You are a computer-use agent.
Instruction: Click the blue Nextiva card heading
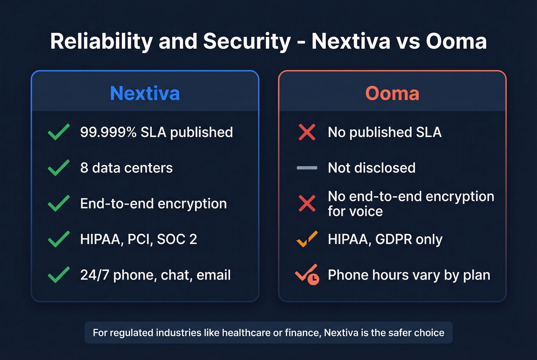click(145, 93)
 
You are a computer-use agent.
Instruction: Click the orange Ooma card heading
click(392, 93)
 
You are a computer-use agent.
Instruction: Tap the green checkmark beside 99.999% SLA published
click(59, 132)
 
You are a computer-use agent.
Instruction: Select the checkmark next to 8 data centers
click(59, 168)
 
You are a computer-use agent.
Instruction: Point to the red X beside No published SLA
click(307, 132)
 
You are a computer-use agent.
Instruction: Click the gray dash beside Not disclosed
click(307, 168)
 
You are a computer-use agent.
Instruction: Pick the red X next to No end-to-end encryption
click(307, 203)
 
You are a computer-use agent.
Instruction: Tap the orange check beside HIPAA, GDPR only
click(307, 239)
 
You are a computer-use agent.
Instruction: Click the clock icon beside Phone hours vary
click(313, 279)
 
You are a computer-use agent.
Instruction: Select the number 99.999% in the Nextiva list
click(108, 132)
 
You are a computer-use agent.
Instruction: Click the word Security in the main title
click(247, 41)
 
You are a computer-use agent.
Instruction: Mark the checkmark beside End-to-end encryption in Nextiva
click(59, 203)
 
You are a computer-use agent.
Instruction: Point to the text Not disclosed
click(371, 168)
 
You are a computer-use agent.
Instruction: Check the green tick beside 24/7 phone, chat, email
click(59, 275)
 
